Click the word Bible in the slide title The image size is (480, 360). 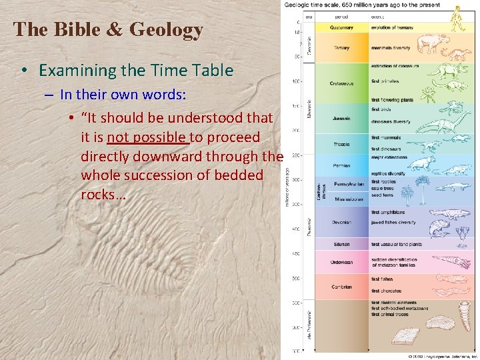point(66,29)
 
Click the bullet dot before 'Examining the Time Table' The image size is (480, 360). point(23,71)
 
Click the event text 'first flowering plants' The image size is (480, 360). point(392,100)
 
